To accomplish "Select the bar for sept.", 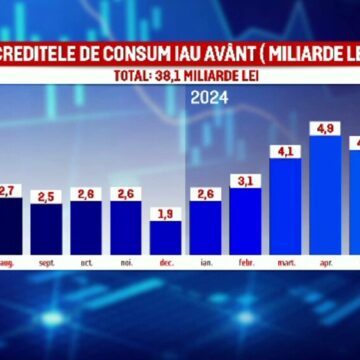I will point(46,228).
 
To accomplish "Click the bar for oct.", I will point(86,227).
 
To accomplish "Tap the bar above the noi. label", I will point(126,227).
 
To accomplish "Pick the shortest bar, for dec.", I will point(166,237).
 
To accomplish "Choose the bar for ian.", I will point(206,227).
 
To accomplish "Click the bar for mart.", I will point(286,205).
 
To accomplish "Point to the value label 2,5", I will point(46,195).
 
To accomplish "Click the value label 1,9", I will point(166,212).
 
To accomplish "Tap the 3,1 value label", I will point(246,180).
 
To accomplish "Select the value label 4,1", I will point(286,151).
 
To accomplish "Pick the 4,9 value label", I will point(326,128).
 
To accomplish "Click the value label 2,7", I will point(8,190).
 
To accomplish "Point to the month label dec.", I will point(166,263).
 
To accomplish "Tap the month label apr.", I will point(326,263).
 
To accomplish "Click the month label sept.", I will point(46,263).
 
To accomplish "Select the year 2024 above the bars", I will point(209,98).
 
